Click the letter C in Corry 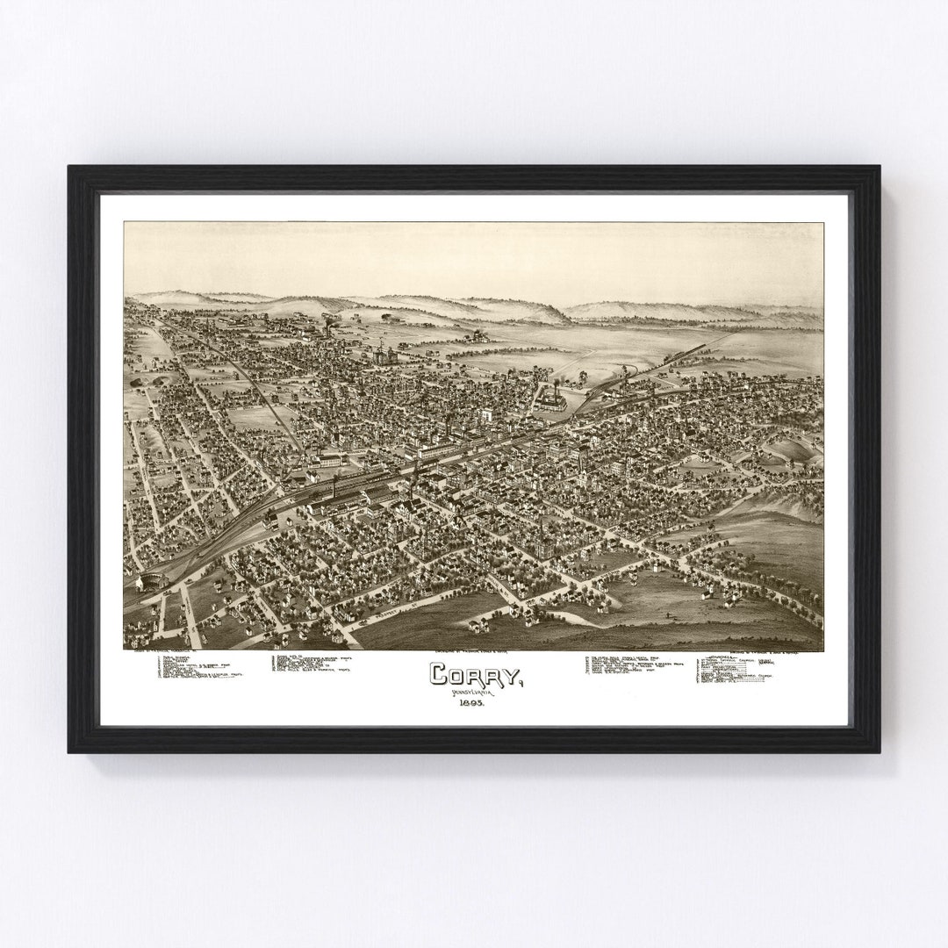439,674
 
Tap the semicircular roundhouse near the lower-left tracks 151,579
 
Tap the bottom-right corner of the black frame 880,752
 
